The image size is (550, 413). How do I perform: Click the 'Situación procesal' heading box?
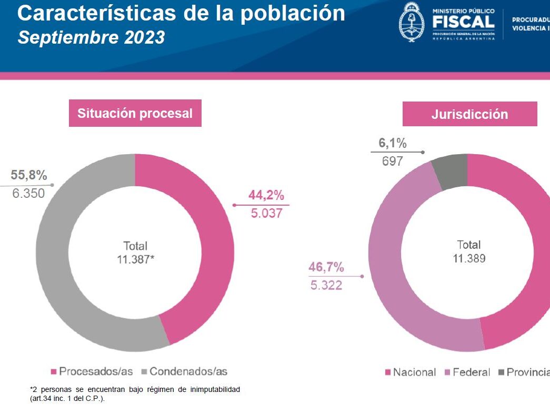pos(135,113)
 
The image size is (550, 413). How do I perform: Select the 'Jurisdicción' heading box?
pos(469,114)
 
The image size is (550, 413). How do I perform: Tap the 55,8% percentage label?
pos(29,176)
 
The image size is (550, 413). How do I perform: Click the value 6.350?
pos(28,193)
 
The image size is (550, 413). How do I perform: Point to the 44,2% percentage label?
pos(266,196)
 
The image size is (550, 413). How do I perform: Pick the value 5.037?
pos(266,214)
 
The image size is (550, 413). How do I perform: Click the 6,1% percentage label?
pos(393,143)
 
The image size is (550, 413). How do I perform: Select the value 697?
pos(392,161)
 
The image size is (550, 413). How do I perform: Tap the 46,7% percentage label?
pos(326,267)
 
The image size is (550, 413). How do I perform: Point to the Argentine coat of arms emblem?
pos(412,21)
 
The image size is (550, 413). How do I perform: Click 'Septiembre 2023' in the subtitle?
pos(91,38)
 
